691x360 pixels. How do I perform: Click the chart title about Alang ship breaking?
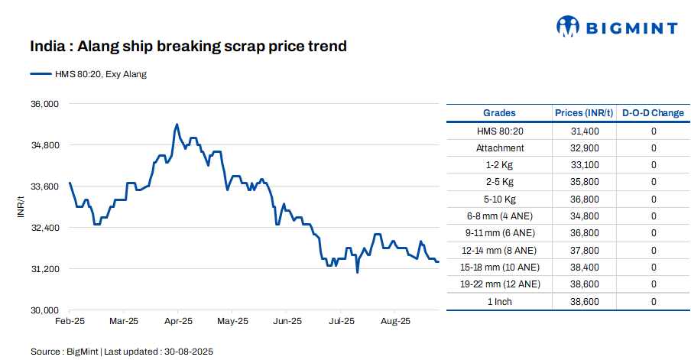click(188, 47)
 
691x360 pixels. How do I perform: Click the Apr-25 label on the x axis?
click(178, 321)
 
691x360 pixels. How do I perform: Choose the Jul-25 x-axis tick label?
click(341, 321)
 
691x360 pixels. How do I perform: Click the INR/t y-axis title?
click(21, 206)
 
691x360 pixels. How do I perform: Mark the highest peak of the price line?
click(177, 124)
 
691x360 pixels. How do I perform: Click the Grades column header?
click(499, 113)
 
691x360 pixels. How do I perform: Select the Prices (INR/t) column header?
click(584, 113)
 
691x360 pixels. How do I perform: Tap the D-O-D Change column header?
click(653, 113)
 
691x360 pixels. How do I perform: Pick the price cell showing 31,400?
click(585, 131)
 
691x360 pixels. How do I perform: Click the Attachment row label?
click(500, 148)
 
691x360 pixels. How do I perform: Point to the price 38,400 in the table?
click(585, 268)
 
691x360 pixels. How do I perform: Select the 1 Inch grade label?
click(500, 302)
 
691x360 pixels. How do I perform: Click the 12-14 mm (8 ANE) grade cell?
click(500, 251)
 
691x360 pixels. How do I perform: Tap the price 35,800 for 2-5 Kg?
click(585, 183)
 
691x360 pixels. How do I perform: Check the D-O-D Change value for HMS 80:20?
click(654, 131)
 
